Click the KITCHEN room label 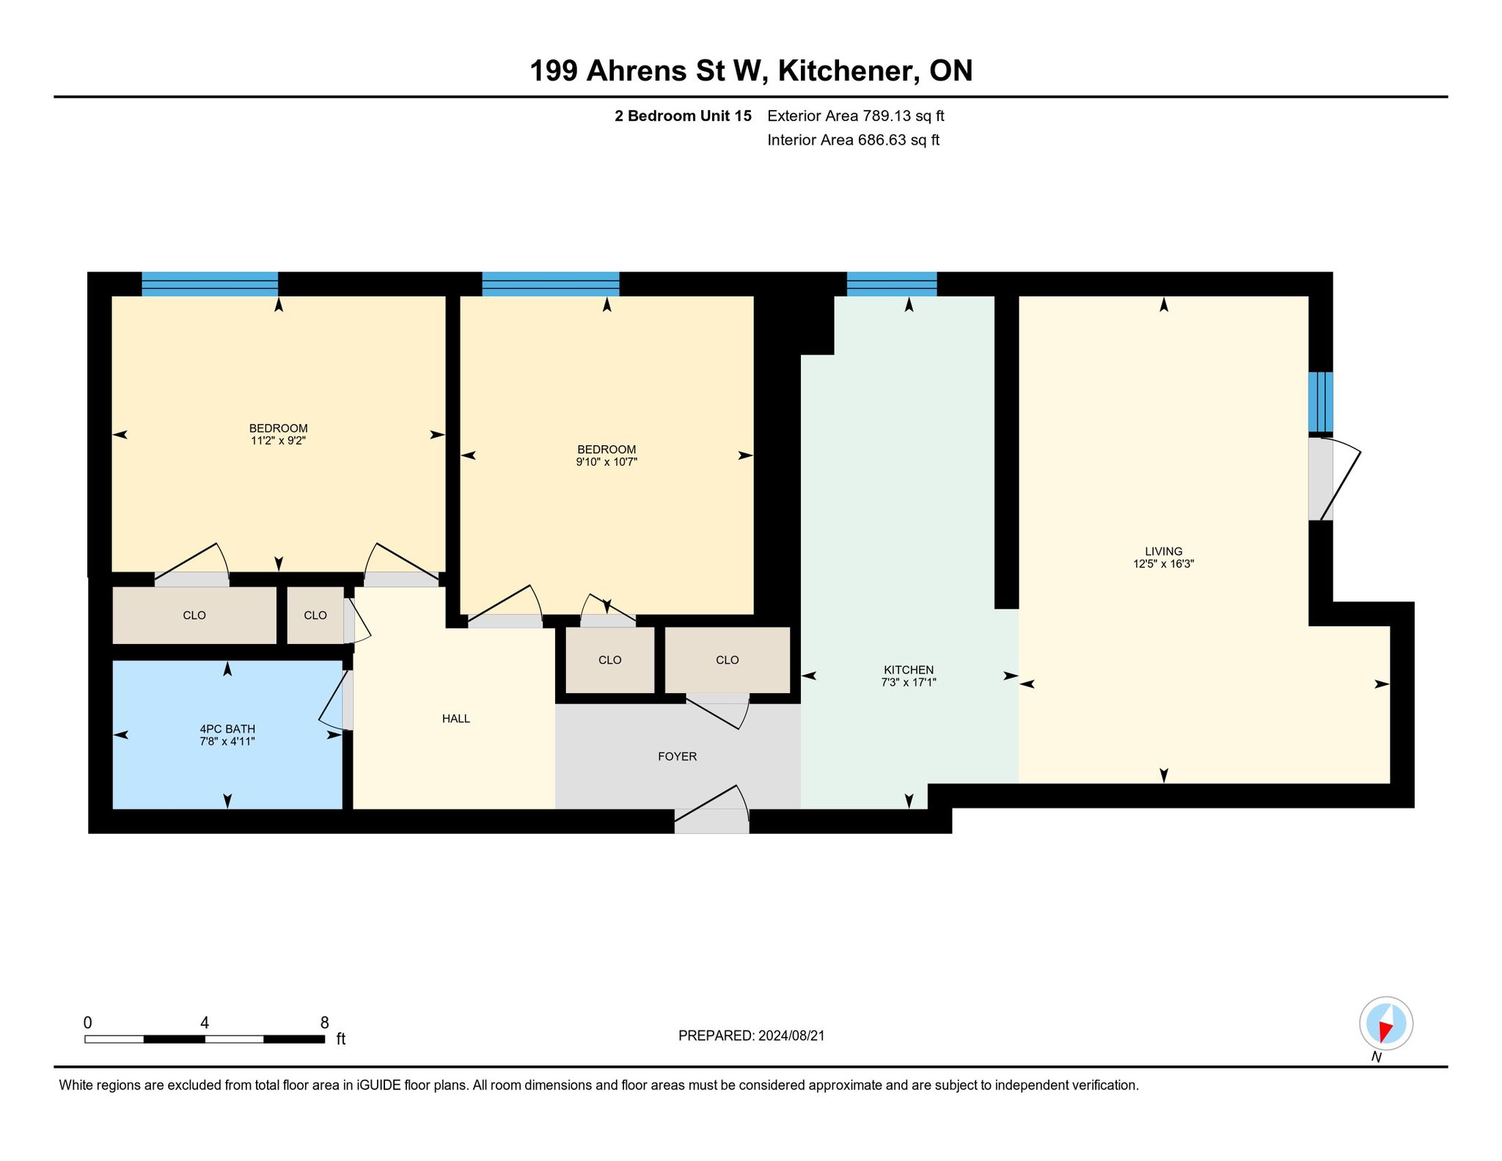click(x=909, y=670)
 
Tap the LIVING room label click(x=1164, y=552)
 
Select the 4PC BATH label click(x=227, y=729)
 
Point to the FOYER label click(x=677, y=756)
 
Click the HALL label click(x=456, y=719)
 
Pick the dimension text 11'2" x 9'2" click(x=278, y=441)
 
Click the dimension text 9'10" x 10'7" click(x=607, y=462)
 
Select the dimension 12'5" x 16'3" click(x=1164, y=564)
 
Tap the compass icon click(x=1386, y=1024)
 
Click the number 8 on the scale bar click(x=324, y=1022)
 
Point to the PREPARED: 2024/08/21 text click(x=752, y=1036)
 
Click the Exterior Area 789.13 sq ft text click(x=856, y=116)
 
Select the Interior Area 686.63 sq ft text click(x=854, y=140)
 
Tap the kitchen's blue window click(x=892, y=284)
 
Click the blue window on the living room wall click(x=1321, y=402)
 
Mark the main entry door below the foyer click(x=711, y=810)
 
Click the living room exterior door click(x=1334, y=479)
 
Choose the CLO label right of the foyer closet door click(x=728, y=660)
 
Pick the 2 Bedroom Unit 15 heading click(x=683, y=116)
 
